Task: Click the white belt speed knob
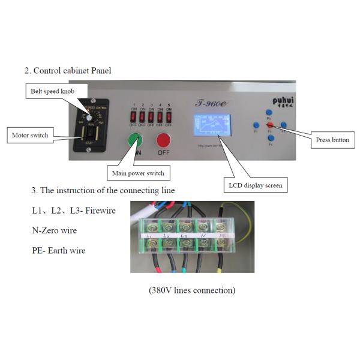tap(88, 118)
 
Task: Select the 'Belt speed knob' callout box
tap(53, 91)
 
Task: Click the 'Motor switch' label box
tap(31, 134)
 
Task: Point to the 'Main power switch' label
tap(138, 173)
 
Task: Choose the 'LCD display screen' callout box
tap(255, 185)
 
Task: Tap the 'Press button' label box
tap(332, 140)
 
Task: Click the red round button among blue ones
tap(270, 125)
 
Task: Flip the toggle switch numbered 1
tap(134, 116)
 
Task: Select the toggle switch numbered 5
tap(169, 116)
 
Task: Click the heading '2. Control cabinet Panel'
tap(67, 70)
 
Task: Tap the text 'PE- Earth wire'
tap(58, 250)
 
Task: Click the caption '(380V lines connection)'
tap(192, 290)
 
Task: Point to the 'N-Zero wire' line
tap(54, 230)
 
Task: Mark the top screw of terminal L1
tap(149, 227)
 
